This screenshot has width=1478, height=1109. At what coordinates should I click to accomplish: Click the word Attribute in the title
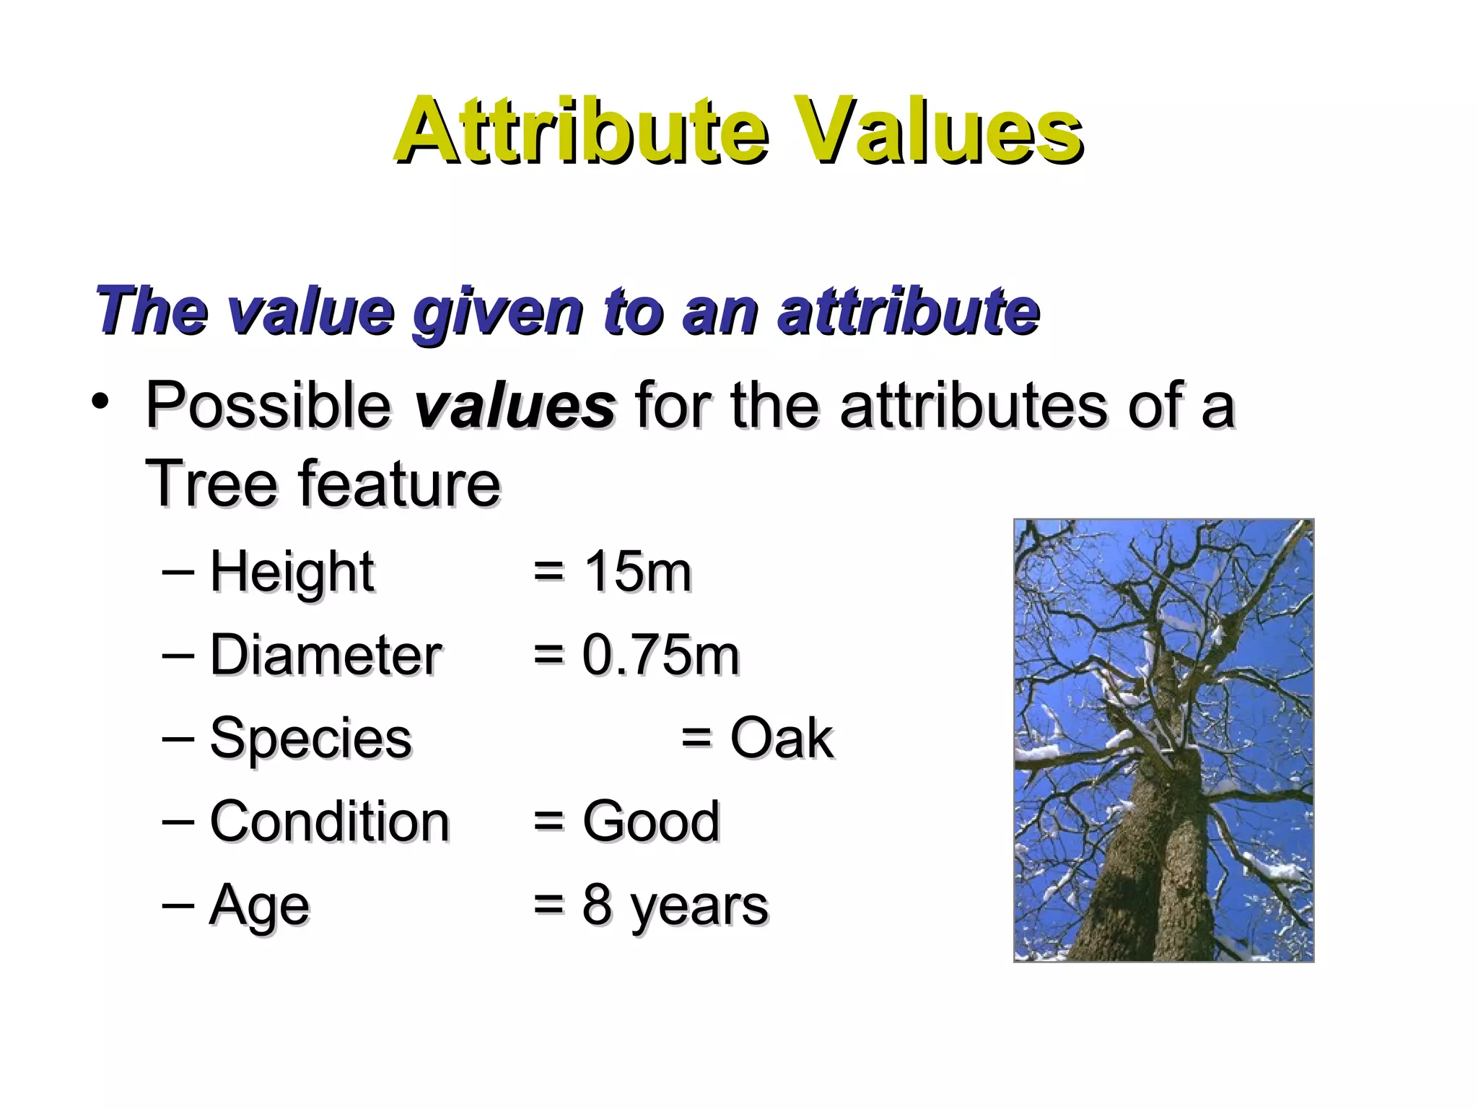581,131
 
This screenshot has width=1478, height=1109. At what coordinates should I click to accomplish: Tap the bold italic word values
515,406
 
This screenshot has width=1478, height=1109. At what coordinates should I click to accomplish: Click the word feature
400,484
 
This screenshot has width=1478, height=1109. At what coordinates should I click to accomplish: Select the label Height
292,572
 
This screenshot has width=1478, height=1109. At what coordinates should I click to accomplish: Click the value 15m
637,572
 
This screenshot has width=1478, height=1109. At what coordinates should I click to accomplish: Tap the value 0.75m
660,655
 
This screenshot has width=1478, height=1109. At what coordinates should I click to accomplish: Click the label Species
310,739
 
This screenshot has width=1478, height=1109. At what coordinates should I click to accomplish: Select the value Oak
781,739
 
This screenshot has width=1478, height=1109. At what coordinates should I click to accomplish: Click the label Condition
329,822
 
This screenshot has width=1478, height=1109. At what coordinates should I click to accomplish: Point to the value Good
650,822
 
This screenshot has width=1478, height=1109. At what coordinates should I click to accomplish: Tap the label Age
259,905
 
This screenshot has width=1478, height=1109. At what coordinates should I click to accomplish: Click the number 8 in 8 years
597,905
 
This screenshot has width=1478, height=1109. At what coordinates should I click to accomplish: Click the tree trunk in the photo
1155,866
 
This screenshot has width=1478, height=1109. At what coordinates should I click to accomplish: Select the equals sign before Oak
697,739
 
